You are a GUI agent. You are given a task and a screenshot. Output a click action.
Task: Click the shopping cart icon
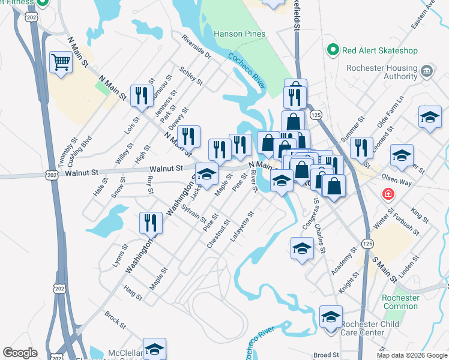[x=61, y=62]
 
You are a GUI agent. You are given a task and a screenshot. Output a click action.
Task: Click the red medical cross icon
[x=389, y=195]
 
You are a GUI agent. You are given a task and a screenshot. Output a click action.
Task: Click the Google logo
[x=20, y=353]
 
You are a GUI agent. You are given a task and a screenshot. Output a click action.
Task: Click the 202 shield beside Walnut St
[x=51, y=175]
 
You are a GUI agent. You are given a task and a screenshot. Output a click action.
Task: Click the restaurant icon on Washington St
[x=151, y=223]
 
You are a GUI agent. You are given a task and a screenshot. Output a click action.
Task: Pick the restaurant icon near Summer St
[x=360, y=148]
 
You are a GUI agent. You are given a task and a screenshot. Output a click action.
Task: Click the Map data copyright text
[x=412, y=355]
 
